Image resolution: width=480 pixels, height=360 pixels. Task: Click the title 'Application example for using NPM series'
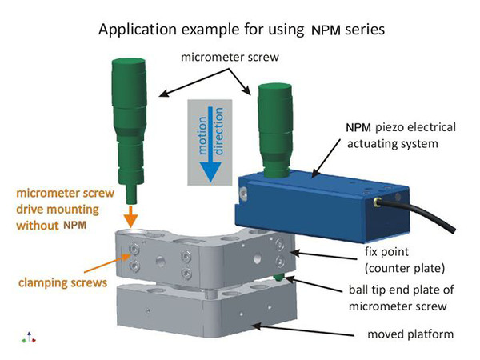click(x=239, y=32)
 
